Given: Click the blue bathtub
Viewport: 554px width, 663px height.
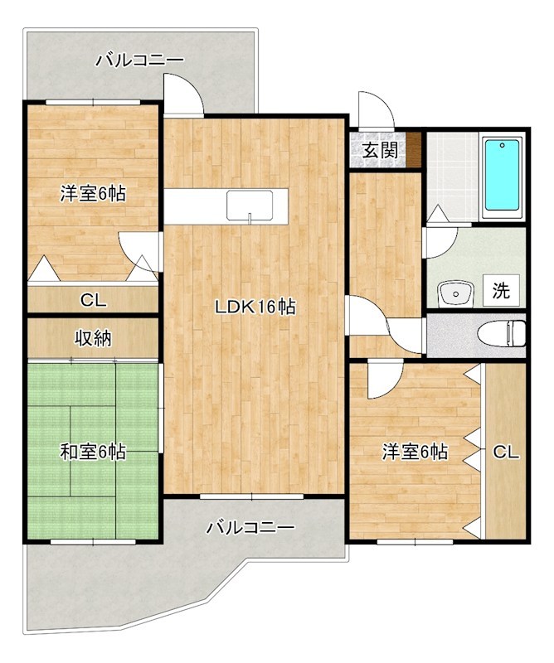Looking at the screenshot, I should tap(501, 175).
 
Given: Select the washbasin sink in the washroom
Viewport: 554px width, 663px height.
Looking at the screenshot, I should tap(453, 293).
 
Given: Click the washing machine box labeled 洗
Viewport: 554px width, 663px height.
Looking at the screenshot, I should tap(501, 291).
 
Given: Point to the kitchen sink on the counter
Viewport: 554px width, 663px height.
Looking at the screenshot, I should tap(250, 204).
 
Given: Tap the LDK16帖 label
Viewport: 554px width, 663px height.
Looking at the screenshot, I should tap(255, 307).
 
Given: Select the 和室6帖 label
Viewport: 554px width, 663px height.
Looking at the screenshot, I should tap(92, 452).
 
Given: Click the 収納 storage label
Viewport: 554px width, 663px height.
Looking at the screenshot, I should tap(92, 338).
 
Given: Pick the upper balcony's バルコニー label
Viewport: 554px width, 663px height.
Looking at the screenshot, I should tap(138, 60).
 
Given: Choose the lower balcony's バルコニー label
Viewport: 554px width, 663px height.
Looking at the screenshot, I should tap(250, 527).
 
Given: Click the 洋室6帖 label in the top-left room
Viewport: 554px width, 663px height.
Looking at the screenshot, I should tap(92, 194).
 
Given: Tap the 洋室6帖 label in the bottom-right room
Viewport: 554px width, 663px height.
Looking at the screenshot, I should tap(415, 452).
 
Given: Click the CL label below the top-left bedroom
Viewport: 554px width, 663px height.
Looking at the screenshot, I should tap(92, 299).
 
